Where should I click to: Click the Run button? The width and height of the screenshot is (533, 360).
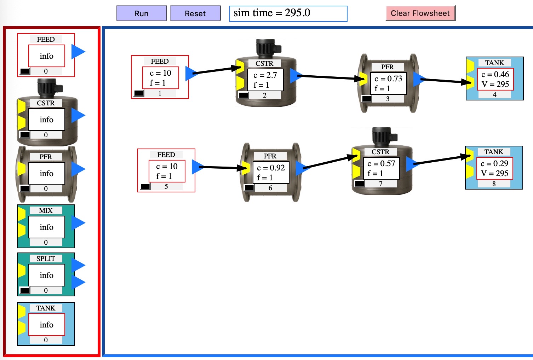pos(141,13)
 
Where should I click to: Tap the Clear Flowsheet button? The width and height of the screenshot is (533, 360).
pos(420,13)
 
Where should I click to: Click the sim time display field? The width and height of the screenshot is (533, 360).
pos(288,13)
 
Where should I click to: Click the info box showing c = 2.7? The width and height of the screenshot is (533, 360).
pos(265,80)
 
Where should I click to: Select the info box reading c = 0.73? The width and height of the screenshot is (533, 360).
pos(388,83)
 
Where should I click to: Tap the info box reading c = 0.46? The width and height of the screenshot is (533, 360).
pos(495,79)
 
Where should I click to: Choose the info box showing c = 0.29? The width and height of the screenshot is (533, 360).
pos(495,168)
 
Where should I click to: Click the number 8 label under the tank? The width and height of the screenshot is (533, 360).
pos(494,184)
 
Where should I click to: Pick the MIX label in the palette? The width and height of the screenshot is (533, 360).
pos(46,210)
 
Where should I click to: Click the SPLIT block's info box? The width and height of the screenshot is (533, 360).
pos(47,275)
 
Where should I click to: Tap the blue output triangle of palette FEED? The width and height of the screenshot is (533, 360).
pos(78,51)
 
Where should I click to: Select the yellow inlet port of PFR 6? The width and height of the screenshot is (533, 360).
pos(246,168)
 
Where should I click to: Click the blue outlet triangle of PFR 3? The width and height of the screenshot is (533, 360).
pos(419,79)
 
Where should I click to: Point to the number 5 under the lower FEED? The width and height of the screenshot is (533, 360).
pos(166,186)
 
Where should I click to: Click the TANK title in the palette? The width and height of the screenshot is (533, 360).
pos(46,308)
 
